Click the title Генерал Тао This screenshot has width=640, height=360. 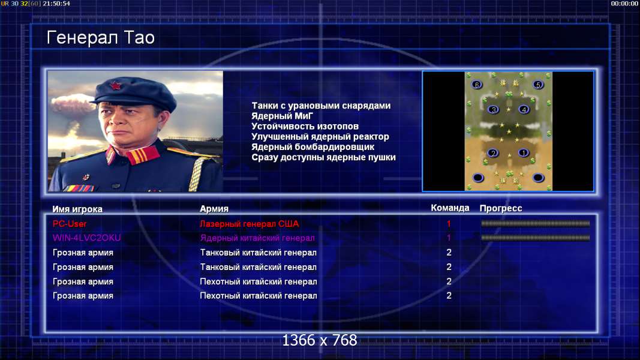click(100, 38)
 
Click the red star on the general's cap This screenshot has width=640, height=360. click(115, 86)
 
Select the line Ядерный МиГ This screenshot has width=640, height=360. click(282, 116)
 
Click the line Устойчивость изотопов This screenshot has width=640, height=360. click(305, 126)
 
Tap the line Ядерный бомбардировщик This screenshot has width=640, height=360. click(313, 147)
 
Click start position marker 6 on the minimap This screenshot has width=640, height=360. click(477, 85)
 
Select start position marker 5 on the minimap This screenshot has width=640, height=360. click(538, 85)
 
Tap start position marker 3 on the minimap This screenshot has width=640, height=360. click(494, 109)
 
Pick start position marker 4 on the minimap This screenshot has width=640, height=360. click(524, 109)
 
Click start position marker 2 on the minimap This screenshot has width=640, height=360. click(493, 153)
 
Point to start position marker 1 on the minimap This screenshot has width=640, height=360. click(523, 153)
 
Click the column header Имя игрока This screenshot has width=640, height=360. click(77, 209)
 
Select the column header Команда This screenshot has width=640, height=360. click(450, 208)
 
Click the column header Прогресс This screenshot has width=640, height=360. click(501, 208)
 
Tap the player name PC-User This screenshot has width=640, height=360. click(70, 224)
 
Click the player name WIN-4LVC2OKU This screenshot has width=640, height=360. click(86, 238)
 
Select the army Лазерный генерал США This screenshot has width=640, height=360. click(250, 224)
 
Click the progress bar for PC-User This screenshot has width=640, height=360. click(536, 224)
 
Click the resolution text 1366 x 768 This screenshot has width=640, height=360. click(320, 340)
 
